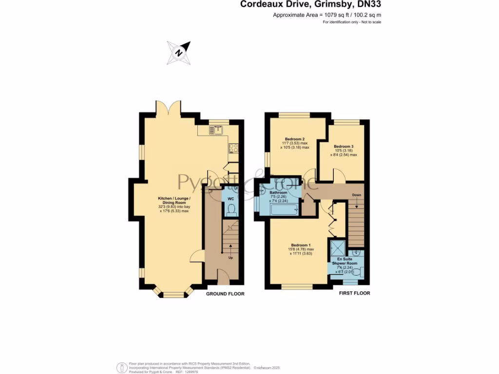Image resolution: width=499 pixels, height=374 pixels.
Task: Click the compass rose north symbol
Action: tap(179, 52)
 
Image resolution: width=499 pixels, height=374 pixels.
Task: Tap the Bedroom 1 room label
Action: tap(300, 245)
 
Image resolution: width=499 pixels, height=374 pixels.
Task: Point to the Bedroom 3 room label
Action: tap(344, 147)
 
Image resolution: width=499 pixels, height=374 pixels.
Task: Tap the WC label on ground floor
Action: tap(231, 199)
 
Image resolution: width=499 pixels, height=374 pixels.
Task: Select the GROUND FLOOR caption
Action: tap(225, 294)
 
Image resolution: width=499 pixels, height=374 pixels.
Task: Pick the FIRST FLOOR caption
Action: tap(354, 293)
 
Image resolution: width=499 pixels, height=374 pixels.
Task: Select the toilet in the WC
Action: tap(231, 210)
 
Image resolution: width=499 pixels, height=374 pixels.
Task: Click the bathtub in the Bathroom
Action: tap(283, 210)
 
